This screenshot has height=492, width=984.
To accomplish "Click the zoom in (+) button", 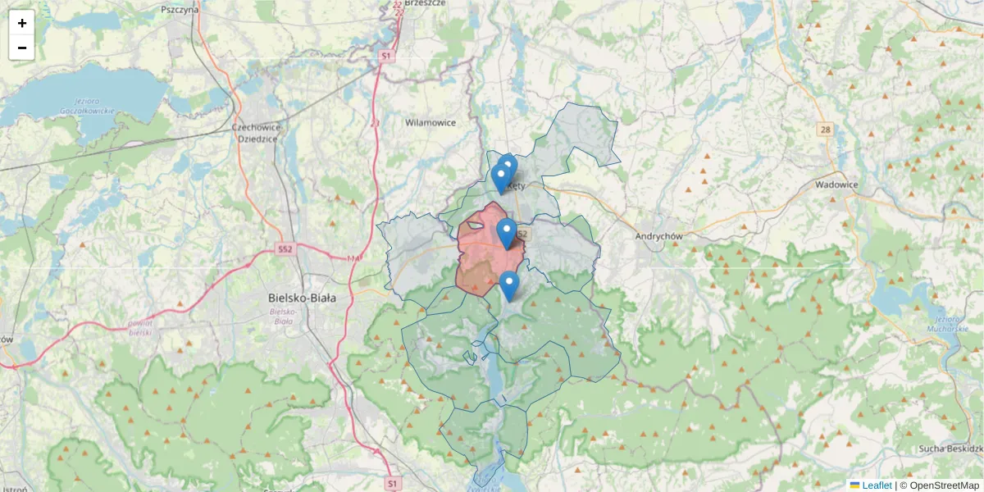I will [x=22, y=23].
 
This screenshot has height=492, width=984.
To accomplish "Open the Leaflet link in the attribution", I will [x=877, y=485].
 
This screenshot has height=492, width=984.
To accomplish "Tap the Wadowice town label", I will [x=836, y=184].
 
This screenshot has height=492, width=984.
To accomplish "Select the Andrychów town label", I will [x=659, y=236].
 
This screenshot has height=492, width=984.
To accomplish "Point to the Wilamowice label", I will [x=430, y=122].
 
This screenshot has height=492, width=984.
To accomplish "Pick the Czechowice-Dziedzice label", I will [x=256, y=133].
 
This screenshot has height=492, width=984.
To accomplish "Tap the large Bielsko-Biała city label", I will [x=302, y=298].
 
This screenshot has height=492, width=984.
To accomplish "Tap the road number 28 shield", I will [x=825, y=130].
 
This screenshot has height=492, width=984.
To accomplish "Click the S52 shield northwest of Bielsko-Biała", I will [x=285, y=248].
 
